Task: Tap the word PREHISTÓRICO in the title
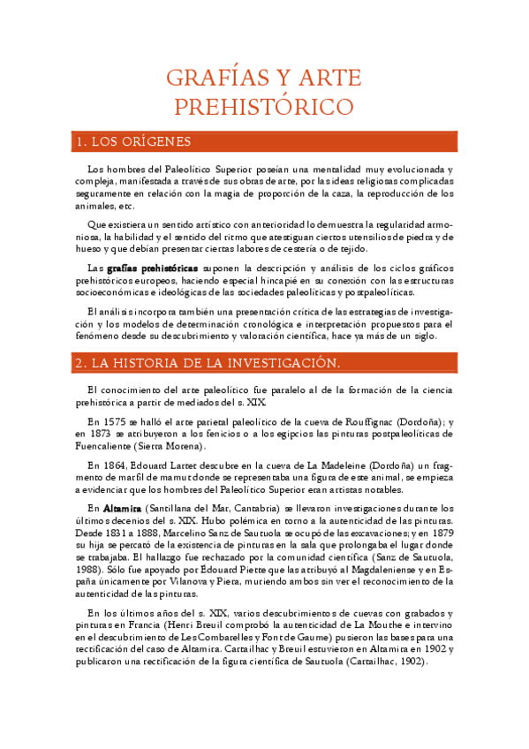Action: pyautogui.click(x=265, y=107)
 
